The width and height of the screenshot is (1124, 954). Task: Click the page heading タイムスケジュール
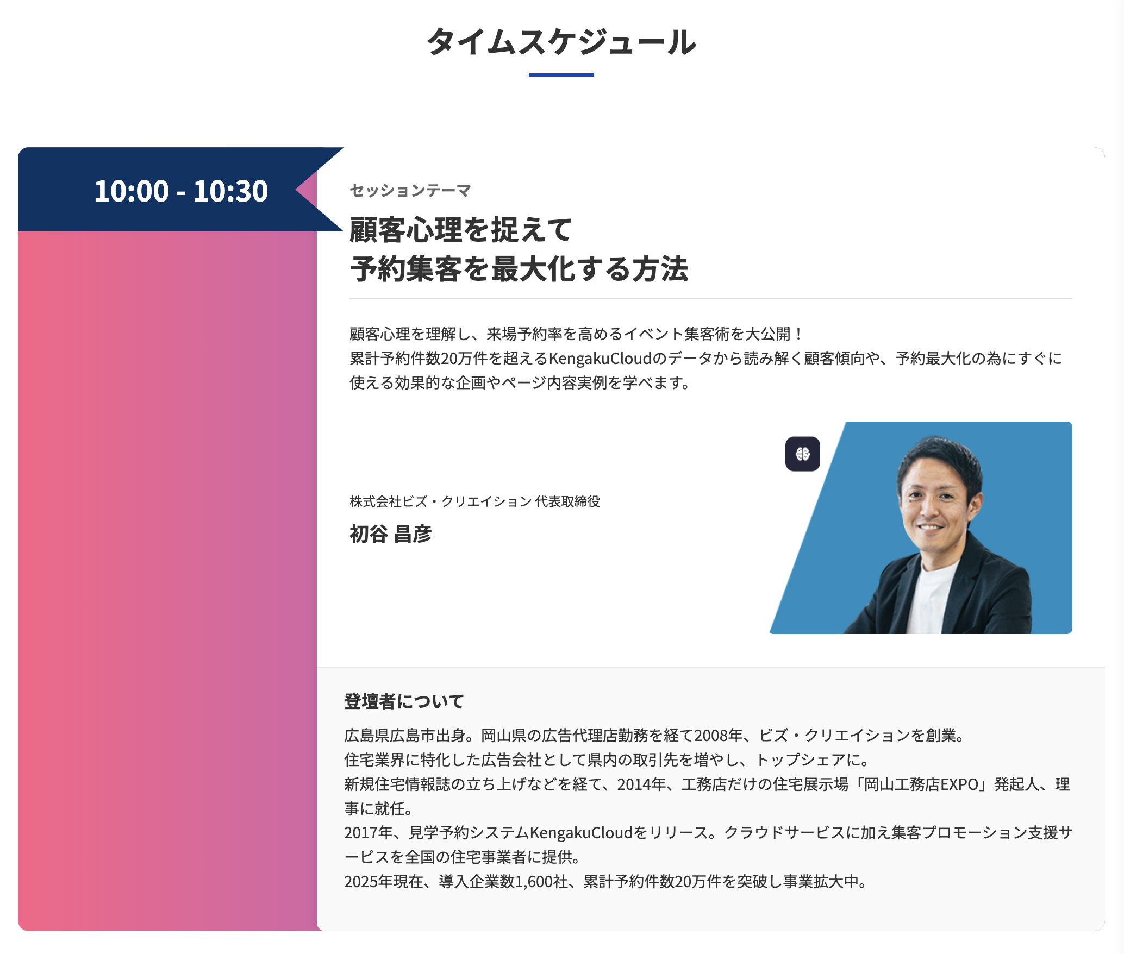coord(561,42)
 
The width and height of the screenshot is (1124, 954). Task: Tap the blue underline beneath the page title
coord(561,75)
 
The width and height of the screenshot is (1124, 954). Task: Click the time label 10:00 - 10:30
coord(181,191)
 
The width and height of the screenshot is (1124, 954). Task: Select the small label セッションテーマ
coord(410,191)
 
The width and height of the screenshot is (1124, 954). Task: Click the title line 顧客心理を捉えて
coord(461,230)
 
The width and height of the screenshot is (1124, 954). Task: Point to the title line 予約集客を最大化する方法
coord(519,269)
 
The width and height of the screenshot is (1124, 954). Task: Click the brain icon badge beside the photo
coord(803,454)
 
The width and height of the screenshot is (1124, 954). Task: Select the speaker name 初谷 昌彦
coord(391,534)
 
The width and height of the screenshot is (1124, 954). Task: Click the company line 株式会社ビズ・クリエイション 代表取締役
coord(475,501)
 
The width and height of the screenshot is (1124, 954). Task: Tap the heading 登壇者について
coord(404,701)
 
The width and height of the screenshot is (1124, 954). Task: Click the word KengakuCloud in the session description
coord(600,359)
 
